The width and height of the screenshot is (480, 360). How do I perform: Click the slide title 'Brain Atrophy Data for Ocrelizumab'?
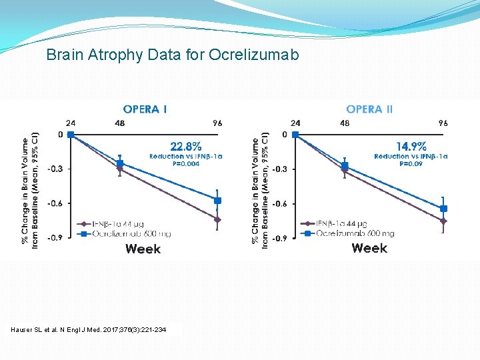173,55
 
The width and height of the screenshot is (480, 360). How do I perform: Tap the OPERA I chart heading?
145,109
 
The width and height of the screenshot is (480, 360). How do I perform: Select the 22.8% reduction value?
186,146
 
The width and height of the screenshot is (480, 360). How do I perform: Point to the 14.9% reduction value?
411,146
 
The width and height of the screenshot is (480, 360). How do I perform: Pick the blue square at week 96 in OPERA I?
217,201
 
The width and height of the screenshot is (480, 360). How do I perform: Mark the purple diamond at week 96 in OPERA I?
217,219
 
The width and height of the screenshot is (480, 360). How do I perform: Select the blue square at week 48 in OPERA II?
345,166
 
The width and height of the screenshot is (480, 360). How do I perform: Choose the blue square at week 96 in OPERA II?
443,209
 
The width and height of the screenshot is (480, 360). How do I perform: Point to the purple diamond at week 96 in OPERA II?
443,221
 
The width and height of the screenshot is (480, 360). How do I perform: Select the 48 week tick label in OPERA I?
120,123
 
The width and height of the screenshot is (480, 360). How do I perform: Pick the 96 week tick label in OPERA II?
443,123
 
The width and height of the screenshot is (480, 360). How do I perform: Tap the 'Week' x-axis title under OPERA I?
143,249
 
